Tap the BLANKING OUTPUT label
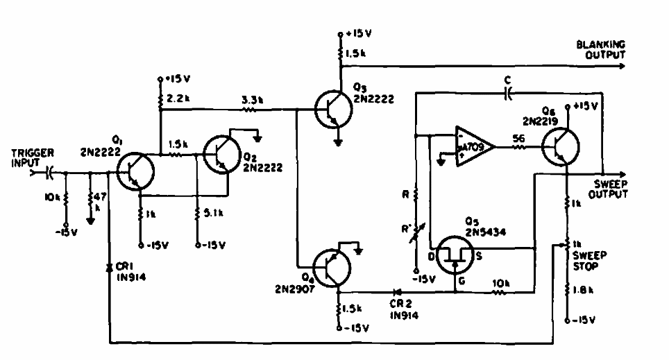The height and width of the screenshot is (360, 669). click(601, 49)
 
